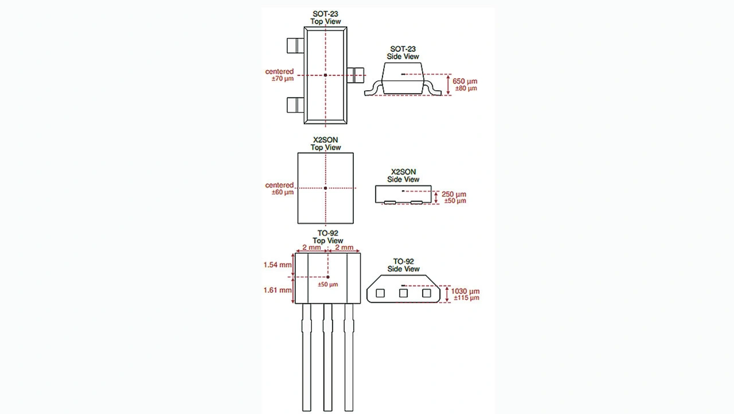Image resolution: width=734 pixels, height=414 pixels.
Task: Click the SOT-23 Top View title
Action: coord(325,17)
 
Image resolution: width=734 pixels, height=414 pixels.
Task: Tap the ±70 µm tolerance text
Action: coord(283,79)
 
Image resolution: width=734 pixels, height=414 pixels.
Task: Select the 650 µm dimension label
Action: coord(464,81)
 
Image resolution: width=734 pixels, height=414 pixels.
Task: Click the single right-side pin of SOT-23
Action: coord(356,75)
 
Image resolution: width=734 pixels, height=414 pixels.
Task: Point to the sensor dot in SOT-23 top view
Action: coord(325,75)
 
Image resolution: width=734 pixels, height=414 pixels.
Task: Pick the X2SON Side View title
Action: coord(403,176)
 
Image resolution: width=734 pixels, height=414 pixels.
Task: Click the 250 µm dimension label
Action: coord(454,194)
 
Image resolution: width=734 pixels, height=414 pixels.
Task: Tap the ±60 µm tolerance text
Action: coord(283,192)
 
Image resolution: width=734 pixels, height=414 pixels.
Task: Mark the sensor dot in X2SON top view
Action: coord(325,188)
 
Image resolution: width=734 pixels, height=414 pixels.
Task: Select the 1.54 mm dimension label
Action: coord(278,265)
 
